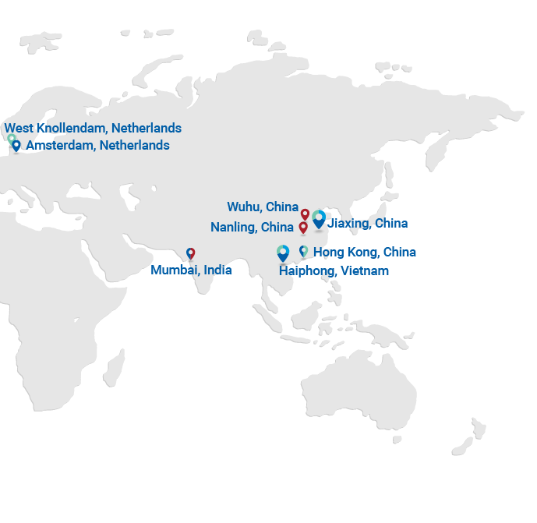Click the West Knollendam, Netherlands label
(93, 129)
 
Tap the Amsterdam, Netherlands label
(97, 146)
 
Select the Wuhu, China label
(263, 207)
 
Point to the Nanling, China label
(252, 228)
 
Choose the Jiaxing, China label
(367, 224)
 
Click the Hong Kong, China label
(364, 253)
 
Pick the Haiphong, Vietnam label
(334, 271)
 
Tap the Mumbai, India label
(191, 270)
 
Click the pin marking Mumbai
(190, 253)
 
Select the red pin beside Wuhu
(305, 214)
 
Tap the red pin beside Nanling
(303, 227)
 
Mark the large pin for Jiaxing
(319, 219)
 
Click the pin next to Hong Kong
(303, 251)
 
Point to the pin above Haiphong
(283, 252)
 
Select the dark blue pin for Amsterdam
(16, 145)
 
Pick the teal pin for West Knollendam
(11, 139)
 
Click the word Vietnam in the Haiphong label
(364, 271)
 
